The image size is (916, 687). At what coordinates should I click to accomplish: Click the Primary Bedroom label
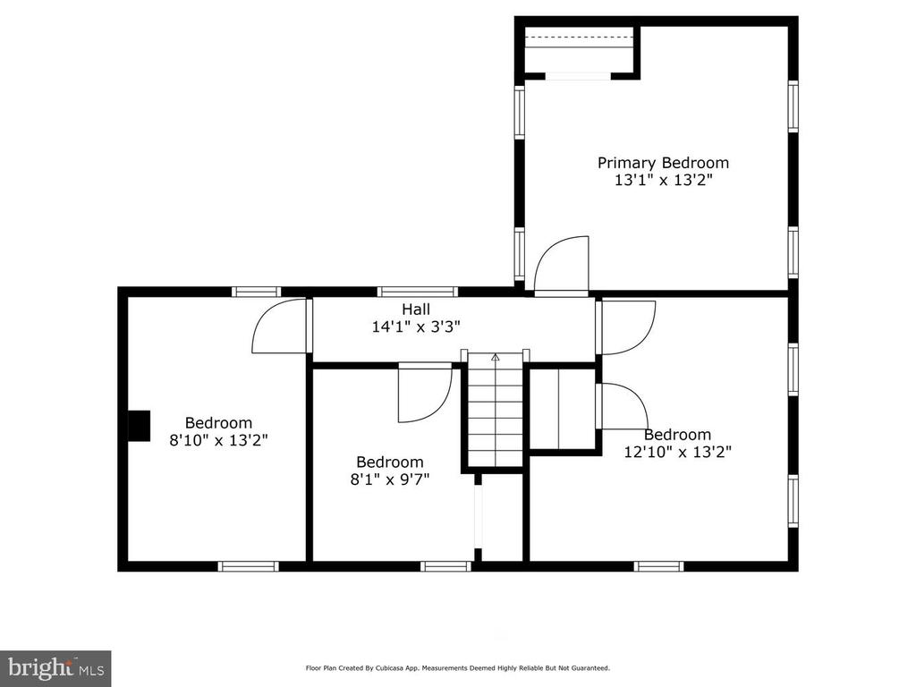click(x=663, y=163)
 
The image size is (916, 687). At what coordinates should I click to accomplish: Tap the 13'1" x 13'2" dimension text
click(x=664, y=180)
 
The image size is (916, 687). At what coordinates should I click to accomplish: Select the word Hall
click(x=416, y=309)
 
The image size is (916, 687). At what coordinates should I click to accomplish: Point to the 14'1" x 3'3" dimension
click(x=416, y=326)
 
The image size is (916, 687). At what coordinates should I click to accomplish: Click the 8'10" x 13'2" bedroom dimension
click(x=218, y=440)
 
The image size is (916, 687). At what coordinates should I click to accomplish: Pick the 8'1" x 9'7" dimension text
click(x=390, y=479)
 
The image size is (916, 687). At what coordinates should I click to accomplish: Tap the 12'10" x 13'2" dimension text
click(x=678, y=452)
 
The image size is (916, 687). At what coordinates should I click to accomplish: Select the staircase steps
click(x=496, y=410)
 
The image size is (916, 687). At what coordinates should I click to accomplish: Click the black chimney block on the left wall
click(x=139, y=426)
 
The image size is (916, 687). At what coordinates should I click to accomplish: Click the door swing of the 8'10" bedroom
click(x=279, y=326)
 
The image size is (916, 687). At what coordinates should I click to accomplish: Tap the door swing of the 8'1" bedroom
click(x=425, y=393)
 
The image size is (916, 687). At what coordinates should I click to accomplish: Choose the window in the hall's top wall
click(x=417, y=292)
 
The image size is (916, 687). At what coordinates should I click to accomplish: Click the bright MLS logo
click(x=55, y=668)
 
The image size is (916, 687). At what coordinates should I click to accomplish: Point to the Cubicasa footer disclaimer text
click(x=458, y=667)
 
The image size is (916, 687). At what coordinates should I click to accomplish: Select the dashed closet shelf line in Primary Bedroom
click(x=579, y=37)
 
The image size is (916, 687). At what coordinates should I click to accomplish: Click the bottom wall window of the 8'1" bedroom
click(x=445, y=566)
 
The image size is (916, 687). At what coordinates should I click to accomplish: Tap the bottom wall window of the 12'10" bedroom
click(x=659, y=566)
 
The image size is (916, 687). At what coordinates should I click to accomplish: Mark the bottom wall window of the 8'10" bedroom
click(x=249, y=566)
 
